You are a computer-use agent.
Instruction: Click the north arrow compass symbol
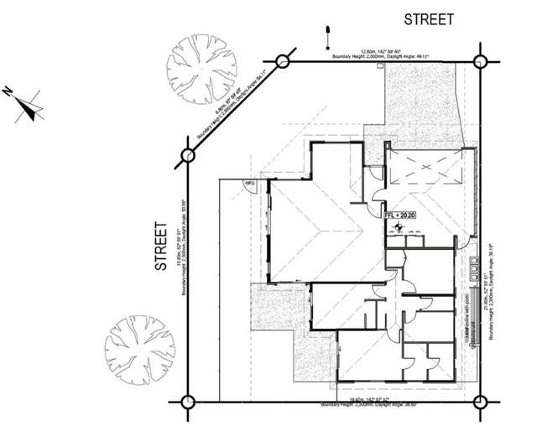[x=30, y=108]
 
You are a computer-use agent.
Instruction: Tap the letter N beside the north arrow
[x=8, y=90]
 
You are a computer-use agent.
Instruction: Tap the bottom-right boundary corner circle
[x=481, y=401]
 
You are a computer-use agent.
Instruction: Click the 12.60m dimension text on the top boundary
[x=382, y=52]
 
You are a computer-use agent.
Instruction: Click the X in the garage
[x=426, y=169]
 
